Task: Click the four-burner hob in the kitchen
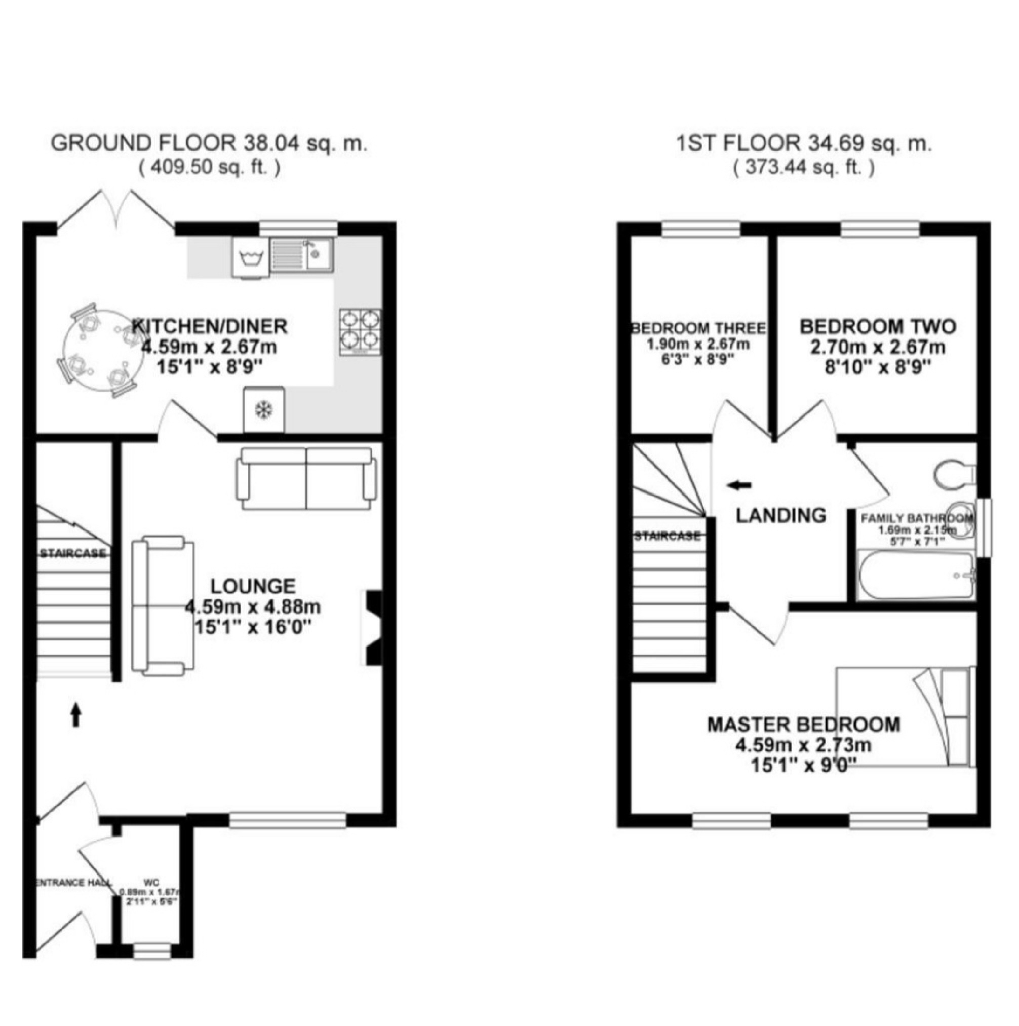point(361,332)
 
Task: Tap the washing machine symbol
point(251,258)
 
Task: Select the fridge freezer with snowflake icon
point(264,409)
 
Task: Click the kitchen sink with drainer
point(301,253)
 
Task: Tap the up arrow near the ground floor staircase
point(76,714)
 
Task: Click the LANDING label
point(780,515)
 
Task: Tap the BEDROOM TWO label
point(878,326)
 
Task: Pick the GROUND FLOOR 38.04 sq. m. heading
point(209,144)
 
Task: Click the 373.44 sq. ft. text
point(804,168)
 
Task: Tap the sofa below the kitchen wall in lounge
point(306,478)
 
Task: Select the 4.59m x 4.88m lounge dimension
point(253,606)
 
